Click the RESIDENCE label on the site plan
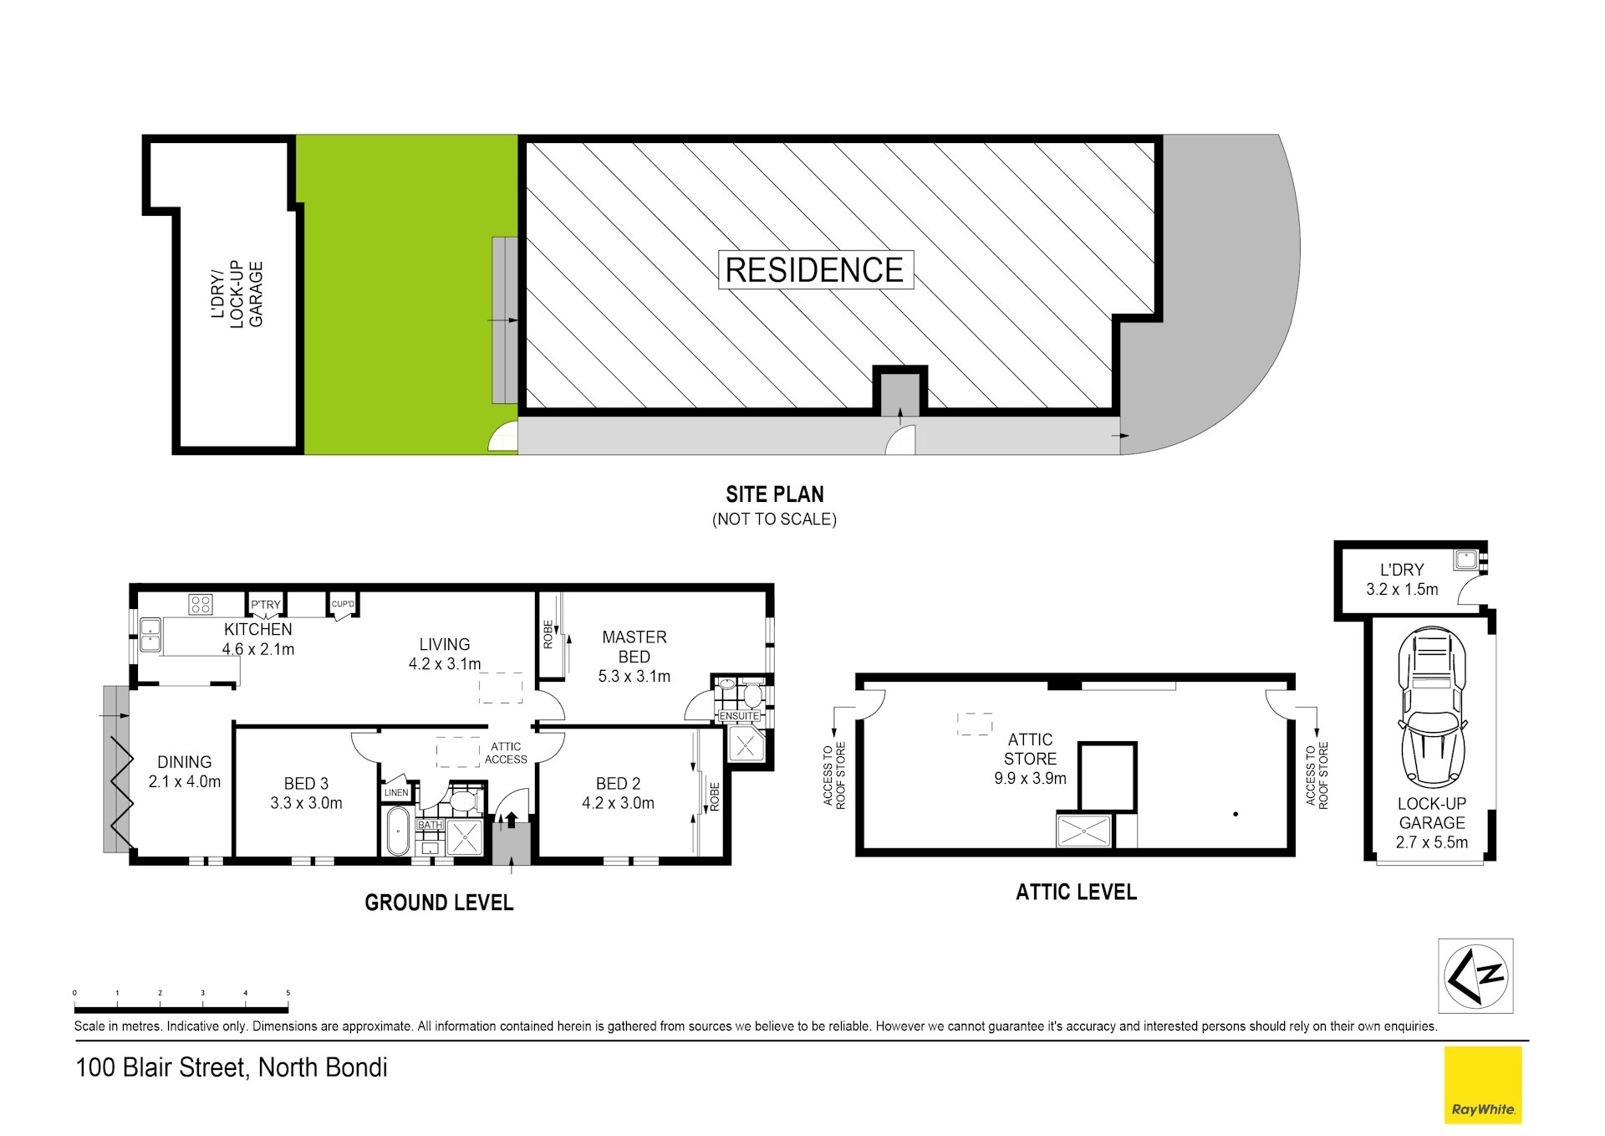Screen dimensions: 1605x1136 [x=814, y=270]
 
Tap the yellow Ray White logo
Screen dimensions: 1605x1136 [x=1483, y=1085]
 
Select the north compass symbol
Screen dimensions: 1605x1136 [x=1475, y=975]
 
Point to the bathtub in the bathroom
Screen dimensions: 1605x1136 [x=397, y=831]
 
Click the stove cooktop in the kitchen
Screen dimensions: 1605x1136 [x=201, y=604]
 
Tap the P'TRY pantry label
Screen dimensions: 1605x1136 [x=266, y=605]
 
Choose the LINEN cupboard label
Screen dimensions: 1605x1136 [x=396, y=792]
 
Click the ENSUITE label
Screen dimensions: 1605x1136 [x=739, y=716]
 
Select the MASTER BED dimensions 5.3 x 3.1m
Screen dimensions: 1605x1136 [x=634, y=677]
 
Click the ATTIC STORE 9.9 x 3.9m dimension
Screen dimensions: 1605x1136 [x=1030, y=779]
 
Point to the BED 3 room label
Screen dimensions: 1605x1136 [x=306, y=784]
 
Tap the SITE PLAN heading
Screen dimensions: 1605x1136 [x=775, y=494]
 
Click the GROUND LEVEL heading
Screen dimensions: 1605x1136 [x=439, y=903]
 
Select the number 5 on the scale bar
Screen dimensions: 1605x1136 [x=288, y=993]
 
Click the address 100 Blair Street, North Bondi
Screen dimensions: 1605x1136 [x=232, y=1068]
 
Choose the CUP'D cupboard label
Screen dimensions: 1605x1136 [x=343, y=604]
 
